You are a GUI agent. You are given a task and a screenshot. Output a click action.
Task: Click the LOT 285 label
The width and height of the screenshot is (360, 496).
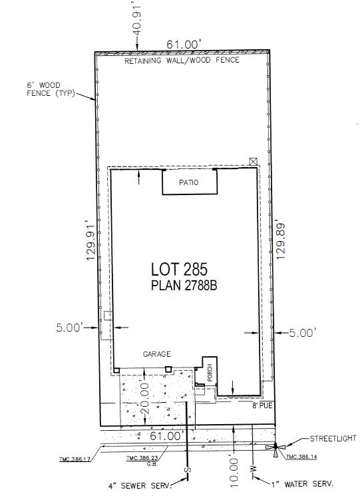click(x=179, y=270)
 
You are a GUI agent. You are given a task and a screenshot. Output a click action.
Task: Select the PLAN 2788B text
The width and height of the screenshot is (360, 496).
click(x=184, y=286)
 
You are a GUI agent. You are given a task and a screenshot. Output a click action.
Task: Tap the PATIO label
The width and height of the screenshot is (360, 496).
click(x=189, y=182)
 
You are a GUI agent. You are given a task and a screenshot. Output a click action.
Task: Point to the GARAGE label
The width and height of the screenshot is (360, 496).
click(x=157, y=354)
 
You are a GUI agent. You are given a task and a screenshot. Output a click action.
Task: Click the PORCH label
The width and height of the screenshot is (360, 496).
click(x=210, y=373)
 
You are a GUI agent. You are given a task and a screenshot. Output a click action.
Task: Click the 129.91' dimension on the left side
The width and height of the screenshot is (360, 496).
click(x=91, y=242)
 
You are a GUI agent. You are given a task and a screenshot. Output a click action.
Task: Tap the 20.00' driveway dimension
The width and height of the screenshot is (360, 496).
click(x=145, y=398)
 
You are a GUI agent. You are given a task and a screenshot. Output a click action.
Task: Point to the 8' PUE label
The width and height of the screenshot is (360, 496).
click(x=262, y=405)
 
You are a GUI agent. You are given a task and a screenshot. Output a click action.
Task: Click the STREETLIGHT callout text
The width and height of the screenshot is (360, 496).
click(x=333, y=439)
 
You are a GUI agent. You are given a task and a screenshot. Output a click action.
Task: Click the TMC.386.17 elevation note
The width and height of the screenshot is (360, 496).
click(x=75, y=459)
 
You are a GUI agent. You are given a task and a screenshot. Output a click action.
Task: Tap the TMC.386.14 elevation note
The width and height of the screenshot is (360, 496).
click(x=301, y=457)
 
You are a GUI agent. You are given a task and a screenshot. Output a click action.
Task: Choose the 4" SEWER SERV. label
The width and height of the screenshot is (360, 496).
click(x=140, y=485)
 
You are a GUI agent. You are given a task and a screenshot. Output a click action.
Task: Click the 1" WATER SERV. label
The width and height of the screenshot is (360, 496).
click(x=302, y=484)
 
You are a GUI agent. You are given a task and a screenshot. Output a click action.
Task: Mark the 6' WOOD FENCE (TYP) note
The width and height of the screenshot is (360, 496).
click(x=51, y=89)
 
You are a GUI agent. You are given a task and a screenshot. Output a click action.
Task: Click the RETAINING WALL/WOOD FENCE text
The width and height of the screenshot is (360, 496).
click(x=182, y=61)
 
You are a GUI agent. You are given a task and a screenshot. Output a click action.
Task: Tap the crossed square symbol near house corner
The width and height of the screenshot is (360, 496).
click(x=253, y=162)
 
